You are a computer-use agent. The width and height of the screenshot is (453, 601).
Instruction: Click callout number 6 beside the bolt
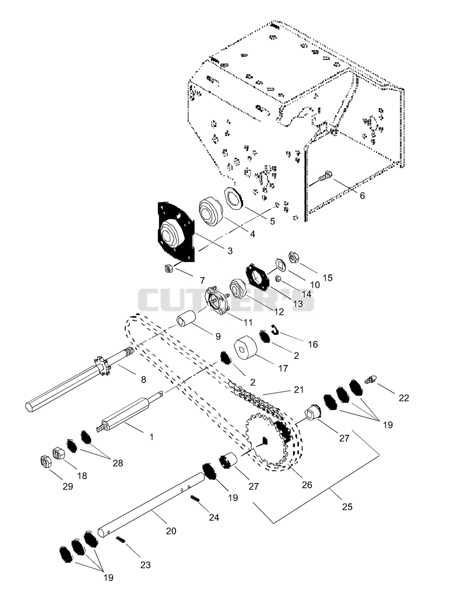coord(362,196)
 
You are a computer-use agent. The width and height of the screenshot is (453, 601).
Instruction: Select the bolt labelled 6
coord(326,176)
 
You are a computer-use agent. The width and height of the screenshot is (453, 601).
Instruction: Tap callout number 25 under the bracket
coord(347,506)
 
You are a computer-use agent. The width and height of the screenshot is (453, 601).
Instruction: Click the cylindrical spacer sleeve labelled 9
coord(186,319)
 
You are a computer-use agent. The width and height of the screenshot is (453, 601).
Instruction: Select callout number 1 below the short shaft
coord(152,437)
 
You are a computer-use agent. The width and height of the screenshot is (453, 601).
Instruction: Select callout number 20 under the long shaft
coord(171,531)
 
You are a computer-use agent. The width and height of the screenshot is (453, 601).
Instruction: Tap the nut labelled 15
coord(293,257)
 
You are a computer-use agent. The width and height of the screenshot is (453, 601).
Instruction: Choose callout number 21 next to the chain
coord(298,390)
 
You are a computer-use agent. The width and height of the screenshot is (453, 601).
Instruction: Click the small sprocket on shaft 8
coord(102,366)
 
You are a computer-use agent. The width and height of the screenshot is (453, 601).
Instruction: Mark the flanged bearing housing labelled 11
coord(218,300)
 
